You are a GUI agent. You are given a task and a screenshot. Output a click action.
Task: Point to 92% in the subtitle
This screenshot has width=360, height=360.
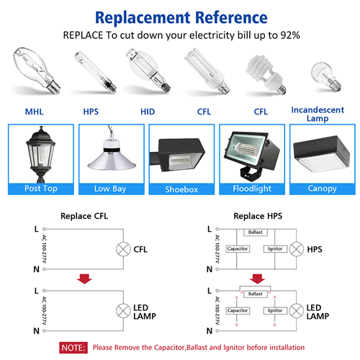click(x=288, y=35)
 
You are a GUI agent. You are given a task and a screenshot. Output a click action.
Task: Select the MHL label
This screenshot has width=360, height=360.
click(x=34, y=112)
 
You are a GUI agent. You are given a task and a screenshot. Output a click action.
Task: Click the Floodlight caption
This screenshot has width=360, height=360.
click(x=250, y=189)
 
